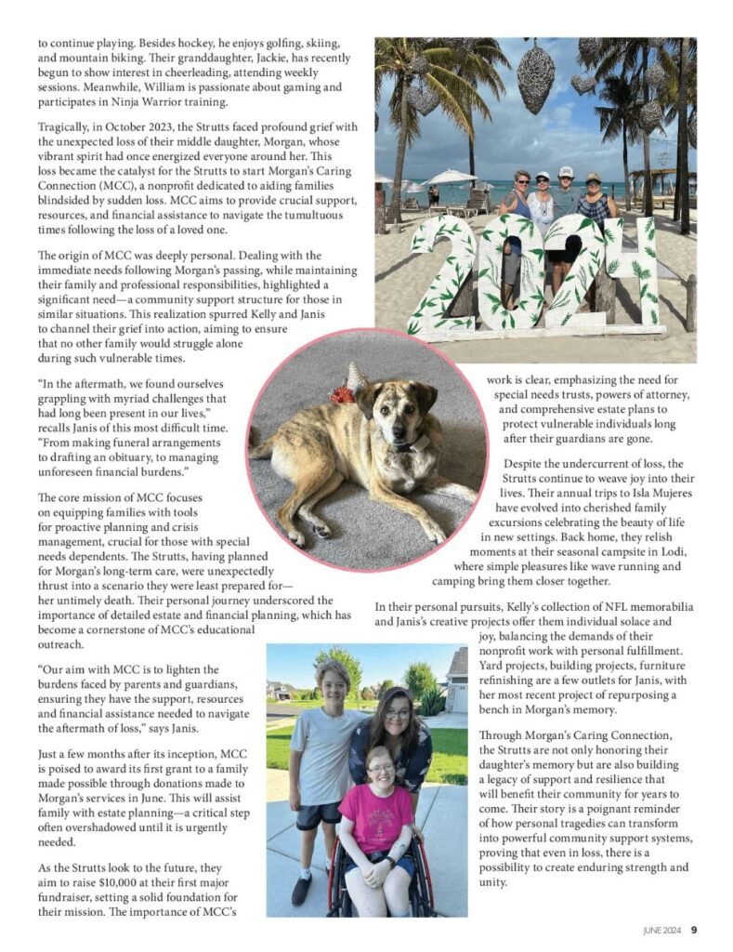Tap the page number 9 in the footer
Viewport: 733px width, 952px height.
(x=694, y=929)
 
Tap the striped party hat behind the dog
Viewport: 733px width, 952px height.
(x=357, y=377)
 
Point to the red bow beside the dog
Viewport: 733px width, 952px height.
(x=342, y=395)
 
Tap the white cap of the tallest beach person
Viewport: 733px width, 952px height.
(x=566, y=171)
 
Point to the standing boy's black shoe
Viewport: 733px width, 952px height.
(x=301, y=890)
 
